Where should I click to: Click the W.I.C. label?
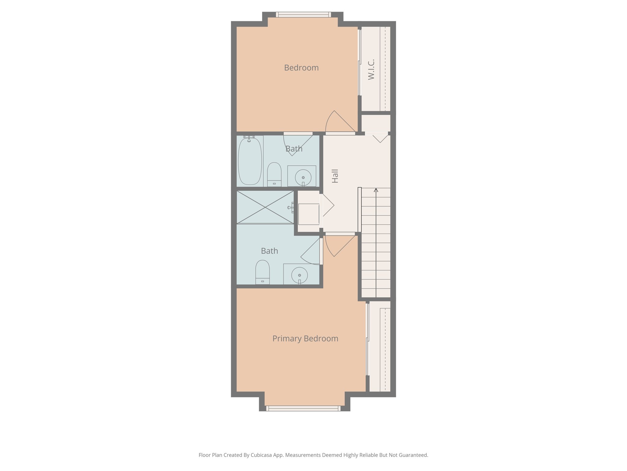point(371,70)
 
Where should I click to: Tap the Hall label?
point(335,176)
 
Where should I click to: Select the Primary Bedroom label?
point(305,339)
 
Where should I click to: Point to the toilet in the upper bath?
point(274,174)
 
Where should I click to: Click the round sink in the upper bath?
point(303,177)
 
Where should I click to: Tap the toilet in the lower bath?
point(262,272)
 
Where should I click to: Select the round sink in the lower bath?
point(299,275)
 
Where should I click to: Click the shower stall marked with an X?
point(265,207)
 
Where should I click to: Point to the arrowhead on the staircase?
point(376,190)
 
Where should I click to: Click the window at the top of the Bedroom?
point(303,14)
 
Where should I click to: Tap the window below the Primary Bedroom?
point(303,408)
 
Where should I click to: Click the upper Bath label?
point(294,149)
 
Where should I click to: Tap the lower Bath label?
point(269,251)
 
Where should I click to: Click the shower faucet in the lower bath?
point(291,208)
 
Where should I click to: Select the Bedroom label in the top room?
point(301,68)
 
